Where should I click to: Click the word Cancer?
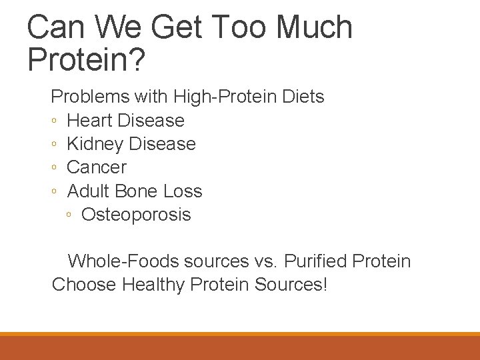[97, 167]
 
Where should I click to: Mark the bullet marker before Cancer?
[54, 168]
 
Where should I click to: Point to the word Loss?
[183, 191]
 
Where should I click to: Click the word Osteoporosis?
[136, 215]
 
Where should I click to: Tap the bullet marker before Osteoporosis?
[69, 215]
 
